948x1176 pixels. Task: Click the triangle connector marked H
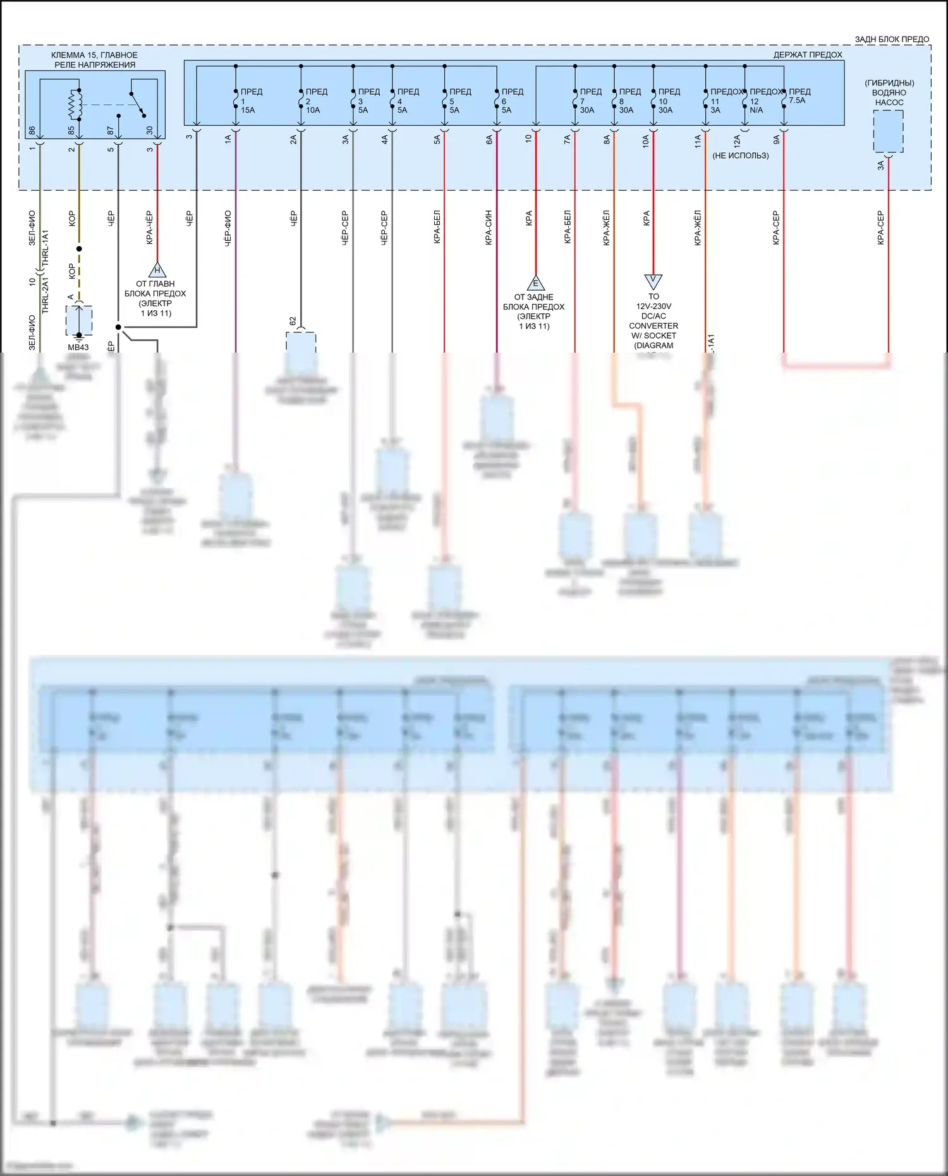point(157,270)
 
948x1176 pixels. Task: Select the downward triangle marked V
point(653,280)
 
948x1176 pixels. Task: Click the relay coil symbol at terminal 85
point(76,105)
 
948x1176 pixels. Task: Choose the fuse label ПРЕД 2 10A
point(316,100)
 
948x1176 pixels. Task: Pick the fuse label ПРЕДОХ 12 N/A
point(765,100)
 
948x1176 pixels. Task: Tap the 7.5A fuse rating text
point(797,100)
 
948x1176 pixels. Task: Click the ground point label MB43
point(78,347)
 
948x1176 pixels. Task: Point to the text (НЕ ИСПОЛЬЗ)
point(740,155)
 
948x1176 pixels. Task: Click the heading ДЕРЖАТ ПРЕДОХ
point(807,55)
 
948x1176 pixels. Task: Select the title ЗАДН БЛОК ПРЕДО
point(891,39)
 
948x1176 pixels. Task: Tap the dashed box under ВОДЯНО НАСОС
point(888,131)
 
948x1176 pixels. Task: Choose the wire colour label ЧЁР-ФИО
point(228,227)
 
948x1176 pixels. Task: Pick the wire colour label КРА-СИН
point(489,227)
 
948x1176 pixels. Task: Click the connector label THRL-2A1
point(45,296)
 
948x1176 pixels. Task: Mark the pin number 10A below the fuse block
point(645,141)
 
